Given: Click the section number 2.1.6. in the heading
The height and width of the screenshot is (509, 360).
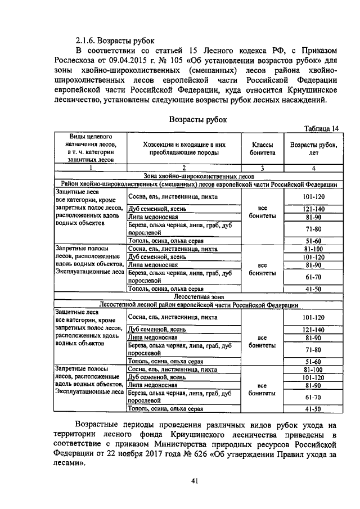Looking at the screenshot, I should [x=87, y=40].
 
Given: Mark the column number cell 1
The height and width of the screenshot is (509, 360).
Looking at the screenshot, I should [x=90, y=168].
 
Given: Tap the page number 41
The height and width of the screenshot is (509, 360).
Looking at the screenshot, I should [x=195, y=481].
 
